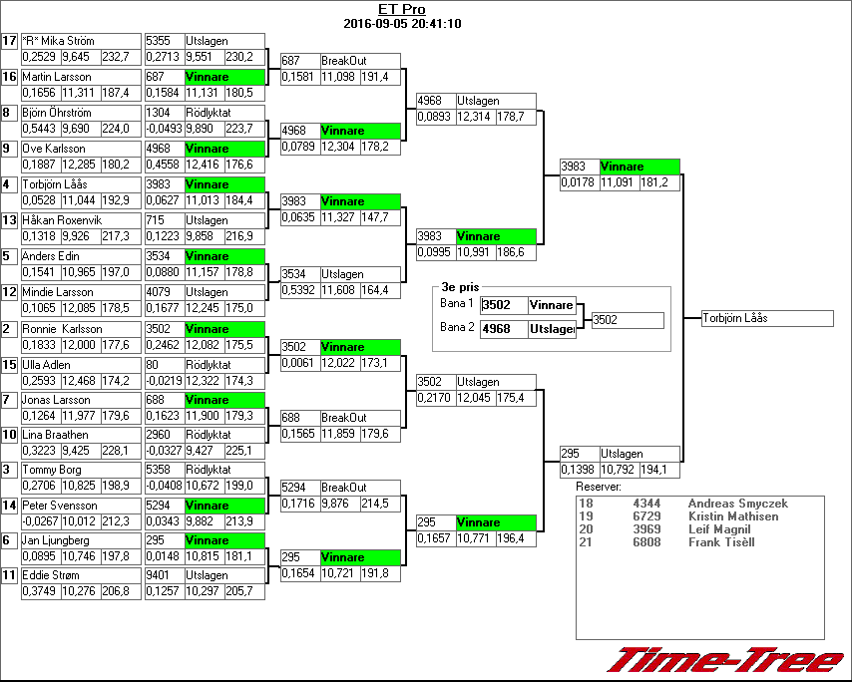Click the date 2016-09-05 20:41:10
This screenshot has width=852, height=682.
(x=401, y=24)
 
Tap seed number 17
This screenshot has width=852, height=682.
(x=9, y=41)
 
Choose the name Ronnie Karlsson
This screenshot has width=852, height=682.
(x=62, y=329)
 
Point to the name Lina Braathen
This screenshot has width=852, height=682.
(x=55, y=435)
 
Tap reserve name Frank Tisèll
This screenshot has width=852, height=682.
(x=721, y=542)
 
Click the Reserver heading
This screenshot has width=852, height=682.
(x=599, y=487)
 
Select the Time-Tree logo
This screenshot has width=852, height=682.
(x=726, y=661)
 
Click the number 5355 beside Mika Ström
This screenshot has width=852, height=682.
(x=160, y=41)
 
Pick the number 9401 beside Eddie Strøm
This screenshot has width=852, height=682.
(x=160, y=575)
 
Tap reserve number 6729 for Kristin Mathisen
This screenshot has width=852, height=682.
(x=645, y=516)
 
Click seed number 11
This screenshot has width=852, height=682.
(x=9, y=575)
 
